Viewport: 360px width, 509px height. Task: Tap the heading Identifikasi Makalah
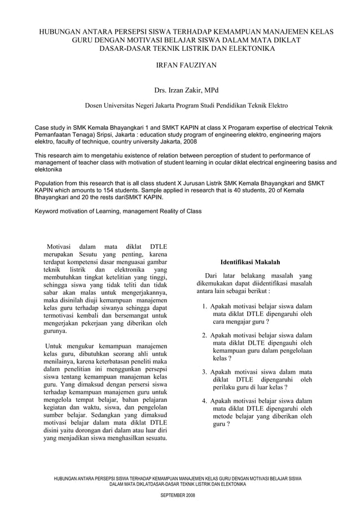[249, 262]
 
